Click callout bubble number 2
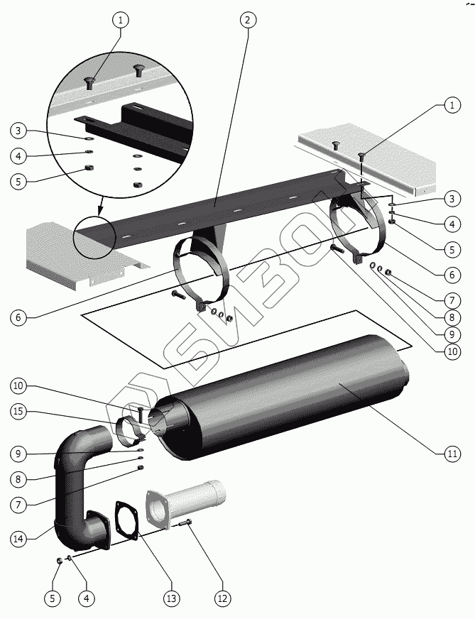(x=247, y=20)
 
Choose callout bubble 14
(x=20, y=538)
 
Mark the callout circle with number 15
(x=20, y=410)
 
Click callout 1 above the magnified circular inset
(x=120, y=20)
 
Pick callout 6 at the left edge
(x=20, y=317)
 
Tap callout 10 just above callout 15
(x=20, y=386)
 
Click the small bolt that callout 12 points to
(x=187, y=523)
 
